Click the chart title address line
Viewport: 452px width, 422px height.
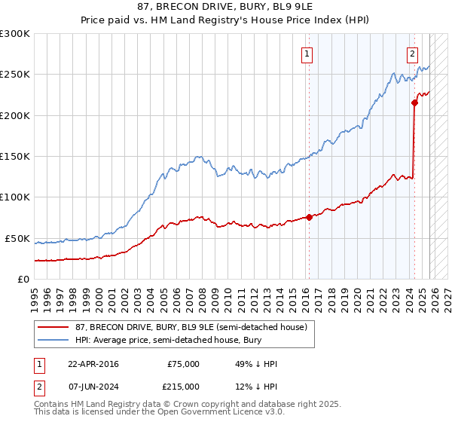[226, 6]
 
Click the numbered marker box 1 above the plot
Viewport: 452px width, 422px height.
[307, 54]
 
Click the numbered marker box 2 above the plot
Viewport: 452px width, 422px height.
[413, 54]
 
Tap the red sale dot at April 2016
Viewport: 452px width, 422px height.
[309, 218]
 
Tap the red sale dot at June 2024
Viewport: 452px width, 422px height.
[414, 102]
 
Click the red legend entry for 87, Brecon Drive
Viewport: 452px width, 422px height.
[191, 327]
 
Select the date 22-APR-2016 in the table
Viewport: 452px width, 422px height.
[93, 364]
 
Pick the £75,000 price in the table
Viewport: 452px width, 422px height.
[184, 364]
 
